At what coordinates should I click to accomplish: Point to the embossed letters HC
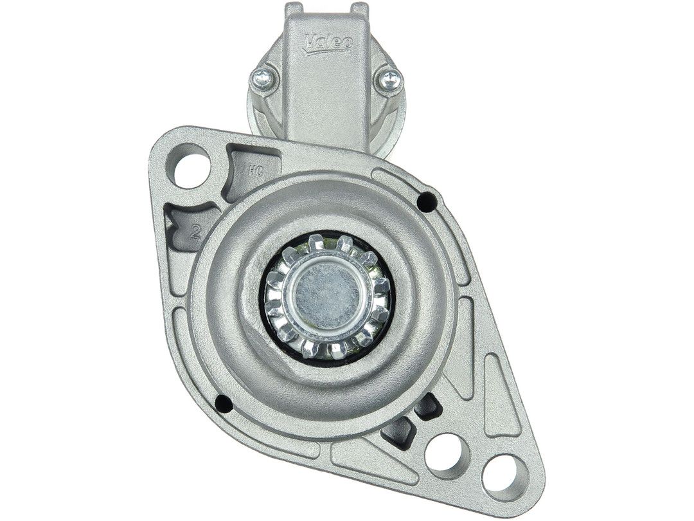255,172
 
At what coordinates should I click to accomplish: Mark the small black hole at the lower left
223,403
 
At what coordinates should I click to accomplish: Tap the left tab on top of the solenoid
294,9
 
